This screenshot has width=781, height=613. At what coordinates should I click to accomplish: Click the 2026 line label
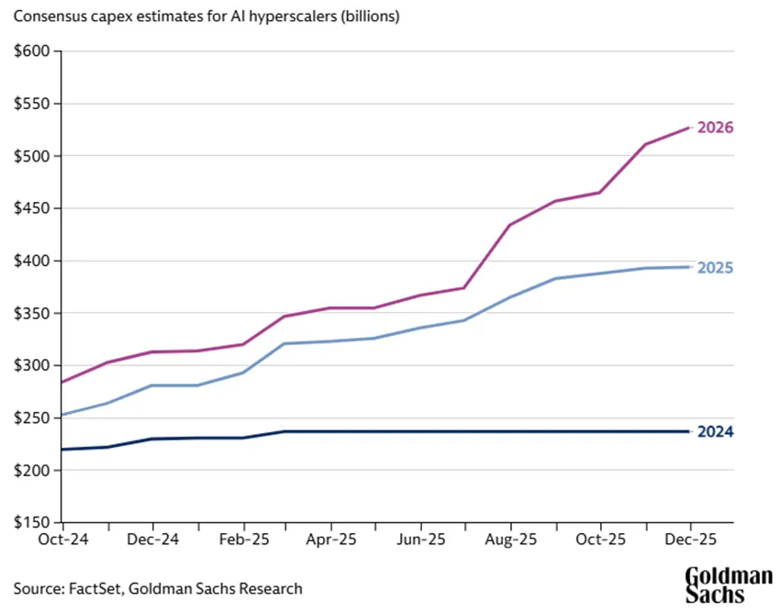[715, 128]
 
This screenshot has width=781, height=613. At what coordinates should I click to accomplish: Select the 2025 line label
[715, 268]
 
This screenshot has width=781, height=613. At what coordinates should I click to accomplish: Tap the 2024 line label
[715, 432]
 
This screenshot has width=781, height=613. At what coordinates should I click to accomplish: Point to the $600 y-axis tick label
[33, 51]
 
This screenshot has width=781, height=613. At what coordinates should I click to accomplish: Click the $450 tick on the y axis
[33, 208]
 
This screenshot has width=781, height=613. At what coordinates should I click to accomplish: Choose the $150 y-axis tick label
[33, 523]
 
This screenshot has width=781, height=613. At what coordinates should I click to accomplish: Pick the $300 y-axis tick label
[33, 366]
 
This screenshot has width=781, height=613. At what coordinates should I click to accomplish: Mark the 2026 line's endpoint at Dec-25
[689, 128]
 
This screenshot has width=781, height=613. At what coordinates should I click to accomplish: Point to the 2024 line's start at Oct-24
[62, 450]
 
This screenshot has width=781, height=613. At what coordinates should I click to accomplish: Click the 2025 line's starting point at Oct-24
[62, 415]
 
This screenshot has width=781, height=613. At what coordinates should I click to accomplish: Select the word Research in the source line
[271, 588]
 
